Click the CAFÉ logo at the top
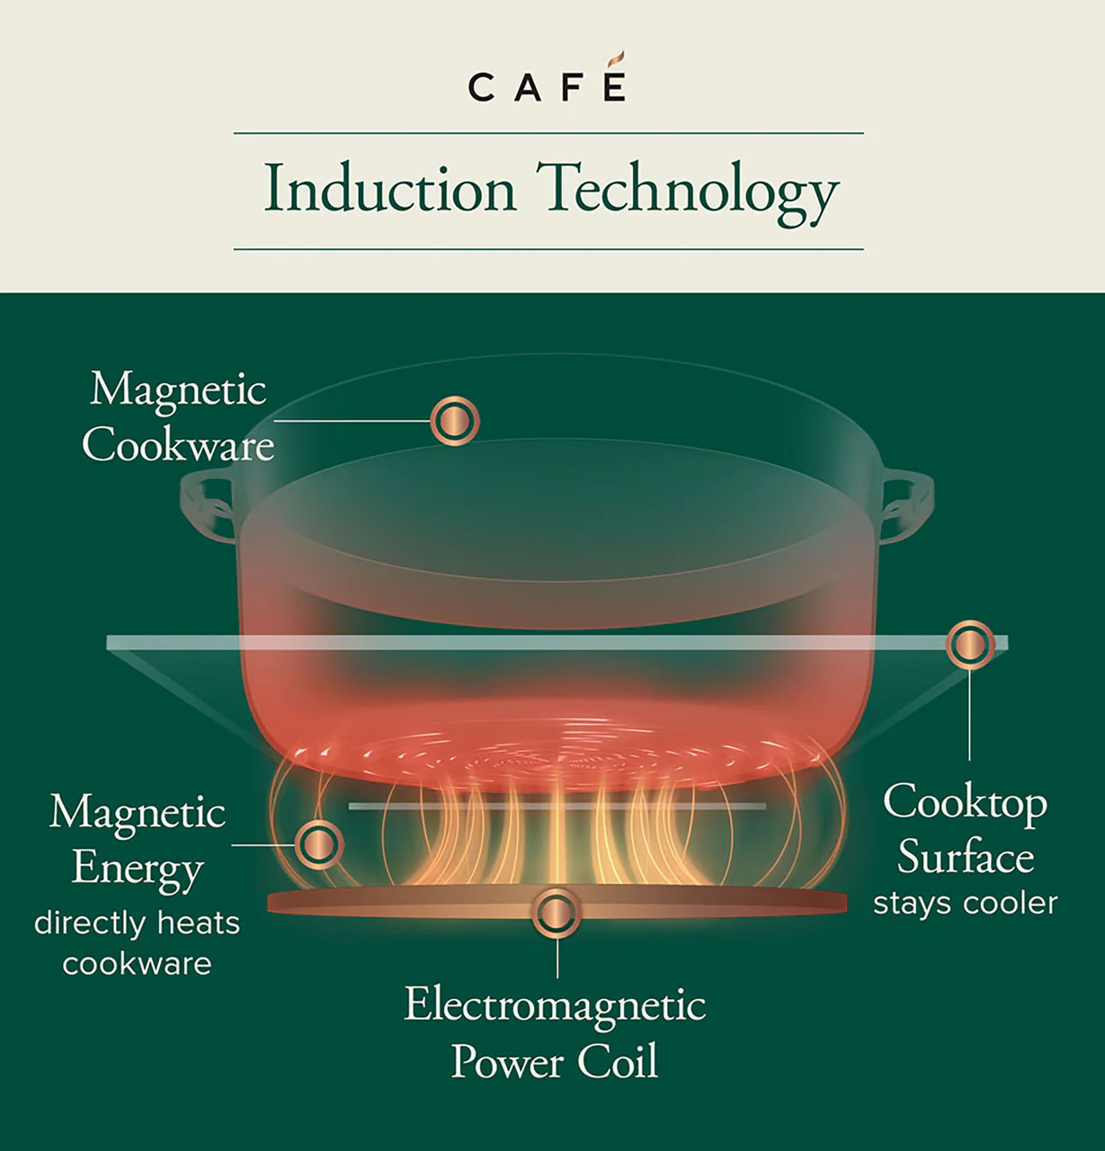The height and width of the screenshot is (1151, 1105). click(x=547, y=86)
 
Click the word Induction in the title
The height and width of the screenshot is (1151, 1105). click(x=390, y=189)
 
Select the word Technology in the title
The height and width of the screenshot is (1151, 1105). click(x=688, y=191)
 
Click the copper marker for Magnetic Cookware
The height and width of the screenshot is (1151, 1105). click(x=454, y=421)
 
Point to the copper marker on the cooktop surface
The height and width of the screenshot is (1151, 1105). click(x=969, y=644)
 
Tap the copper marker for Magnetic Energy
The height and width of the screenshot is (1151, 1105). click(x=317, y=844)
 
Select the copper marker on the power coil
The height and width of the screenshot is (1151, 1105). click(x=557, y=914)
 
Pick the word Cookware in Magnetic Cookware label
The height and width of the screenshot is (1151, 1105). click(x=178, y=445)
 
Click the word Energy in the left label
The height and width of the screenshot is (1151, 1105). click(x=138, y=869)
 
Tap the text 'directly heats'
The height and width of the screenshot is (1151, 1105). click(x=137, y=923)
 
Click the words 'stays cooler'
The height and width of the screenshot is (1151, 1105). click(x=965, y=903)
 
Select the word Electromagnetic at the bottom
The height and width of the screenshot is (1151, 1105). click(x=555, y=1005)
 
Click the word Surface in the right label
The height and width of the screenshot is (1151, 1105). click(x=965, y=856)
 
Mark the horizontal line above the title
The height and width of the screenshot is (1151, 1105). click(x=548, y=133)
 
